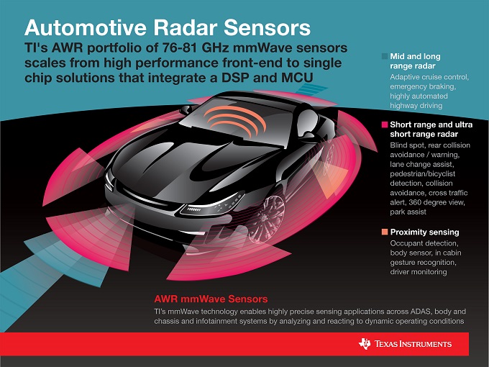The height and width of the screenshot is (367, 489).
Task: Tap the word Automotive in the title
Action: pos(86,27)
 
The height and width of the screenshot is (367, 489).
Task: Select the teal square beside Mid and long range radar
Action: pos(385,56)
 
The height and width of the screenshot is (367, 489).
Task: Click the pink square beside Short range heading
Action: pos(385,124)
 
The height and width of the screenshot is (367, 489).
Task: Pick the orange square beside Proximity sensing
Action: pos(385,232)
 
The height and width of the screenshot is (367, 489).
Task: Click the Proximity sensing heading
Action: pos(424,232)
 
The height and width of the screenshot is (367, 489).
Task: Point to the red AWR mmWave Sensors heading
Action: pos(211,299)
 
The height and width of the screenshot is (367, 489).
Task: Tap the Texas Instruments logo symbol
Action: pos(365,343)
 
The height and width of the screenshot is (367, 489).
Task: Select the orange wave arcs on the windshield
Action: pos(234,120)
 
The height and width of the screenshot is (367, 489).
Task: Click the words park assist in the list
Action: pos(408,212)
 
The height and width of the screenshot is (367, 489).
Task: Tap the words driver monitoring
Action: pos(419,272)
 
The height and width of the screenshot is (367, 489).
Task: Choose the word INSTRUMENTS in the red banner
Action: pos(426,344)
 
